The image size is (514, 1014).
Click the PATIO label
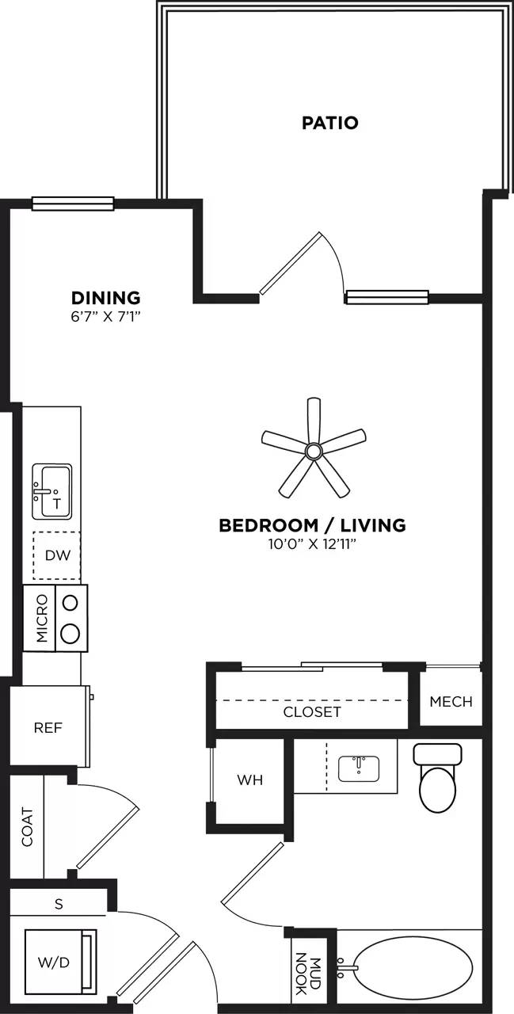point(329,123)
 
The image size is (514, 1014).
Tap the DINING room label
point(106,298)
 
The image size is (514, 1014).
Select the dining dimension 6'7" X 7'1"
point(106,315)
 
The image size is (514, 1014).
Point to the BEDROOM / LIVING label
point(312,525)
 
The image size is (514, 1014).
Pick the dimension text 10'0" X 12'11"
point(312,543)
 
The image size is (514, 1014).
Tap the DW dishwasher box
point(57,555)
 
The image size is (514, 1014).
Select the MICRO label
point(41,618)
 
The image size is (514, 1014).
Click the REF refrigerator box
point(48,727)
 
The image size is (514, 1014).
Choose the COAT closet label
point(28,826)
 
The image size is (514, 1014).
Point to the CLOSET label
point(312,711)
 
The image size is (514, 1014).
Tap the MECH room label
point(451,701)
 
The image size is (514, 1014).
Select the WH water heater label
point(249,780)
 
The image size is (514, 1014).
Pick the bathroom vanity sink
point(358,768)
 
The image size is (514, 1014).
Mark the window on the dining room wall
point(73,204)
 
